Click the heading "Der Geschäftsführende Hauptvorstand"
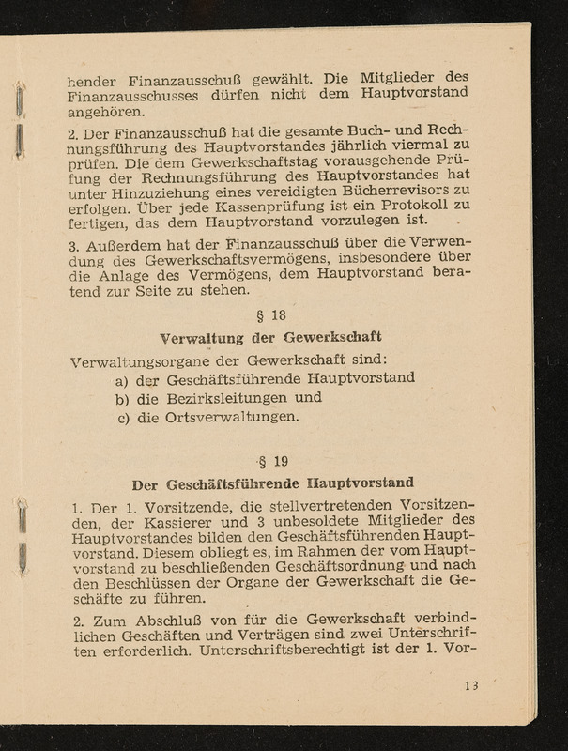click(x=273, y=484)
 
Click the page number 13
click(x=470, y=685)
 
